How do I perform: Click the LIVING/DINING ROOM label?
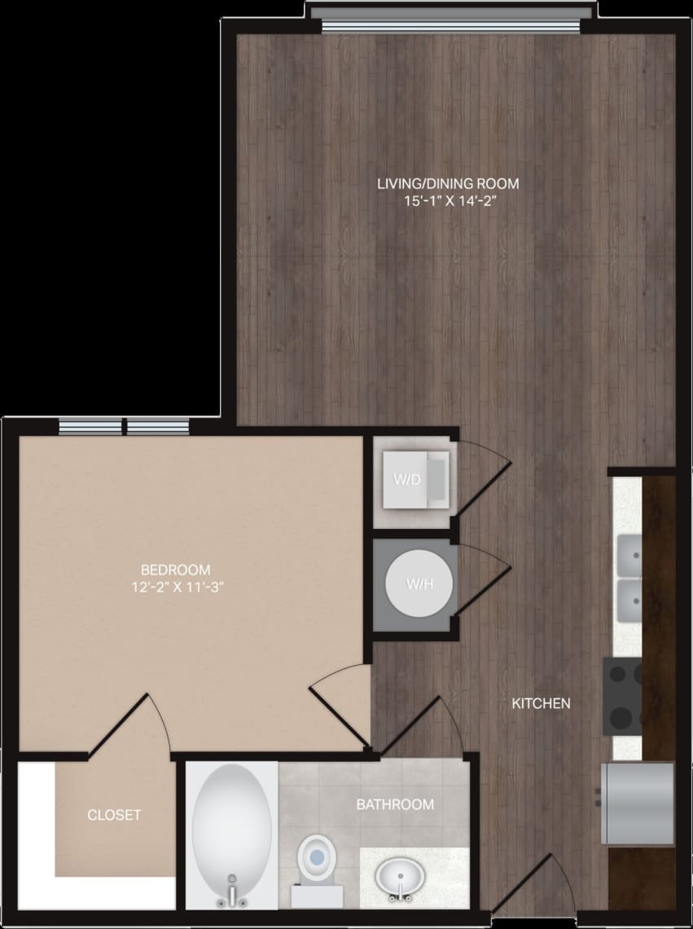(x=447, y=183)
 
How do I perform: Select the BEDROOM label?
(x=175, y=569)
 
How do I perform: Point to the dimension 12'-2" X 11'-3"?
(x=175, y=587)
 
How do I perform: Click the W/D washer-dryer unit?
(x=415, y=479)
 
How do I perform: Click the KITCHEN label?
(x=540, y=703)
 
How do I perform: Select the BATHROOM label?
(x=395, y=804)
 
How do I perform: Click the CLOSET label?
(x=114, y=814)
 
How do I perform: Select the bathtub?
(x=231, y=831)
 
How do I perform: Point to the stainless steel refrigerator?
(x=638, y=804)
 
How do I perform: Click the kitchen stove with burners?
(x=622, y=696)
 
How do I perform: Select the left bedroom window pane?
(x=91, y=427)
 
